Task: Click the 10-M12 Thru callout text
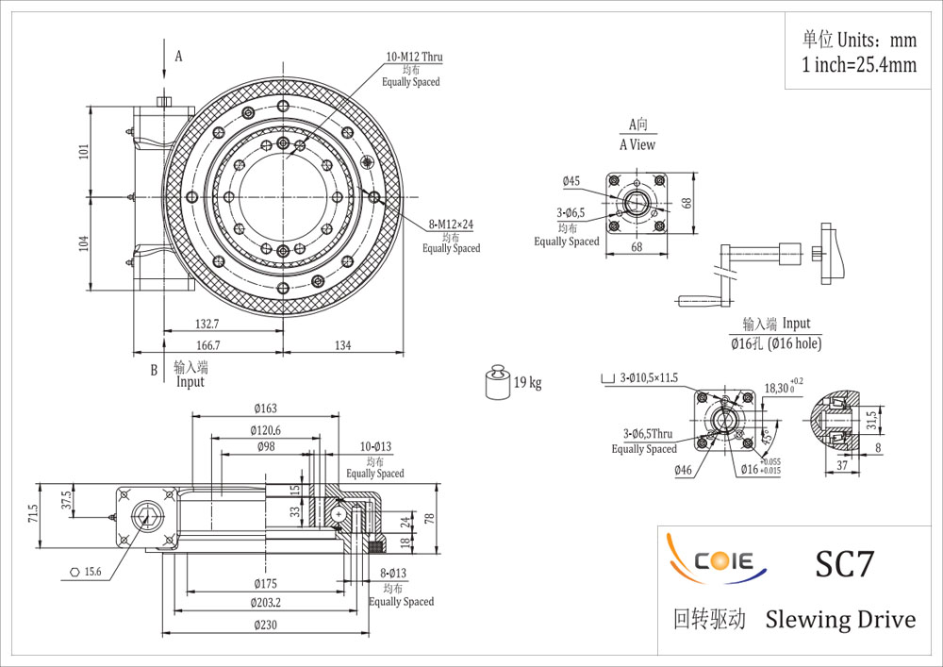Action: point(414,58)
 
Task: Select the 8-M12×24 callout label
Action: point(451,225)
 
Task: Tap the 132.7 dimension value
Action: point(207,325)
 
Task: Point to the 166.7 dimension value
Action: point(208,346)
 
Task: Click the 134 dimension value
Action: point(343,346)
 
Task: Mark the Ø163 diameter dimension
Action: point(265,409)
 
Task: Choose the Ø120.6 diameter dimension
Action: point(265,430)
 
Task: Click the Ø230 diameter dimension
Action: point(265,625)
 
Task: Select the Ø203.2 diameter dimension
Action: point(265,603)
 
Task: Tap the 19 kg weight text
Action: point(527,382)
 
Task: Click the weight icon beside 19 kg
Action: point(497,381)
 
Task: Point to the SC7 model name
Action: point(844,563)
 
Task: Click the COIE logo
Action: point(717,559)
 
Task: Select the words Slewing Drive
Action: point(840,620)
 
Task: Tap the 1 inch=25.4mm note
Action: point(859,64)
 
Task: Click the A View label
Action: point(637,145)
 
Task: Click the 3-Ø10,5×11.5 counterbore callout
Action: point(649,378)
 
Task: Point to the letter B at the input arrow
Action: point(154,371)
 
